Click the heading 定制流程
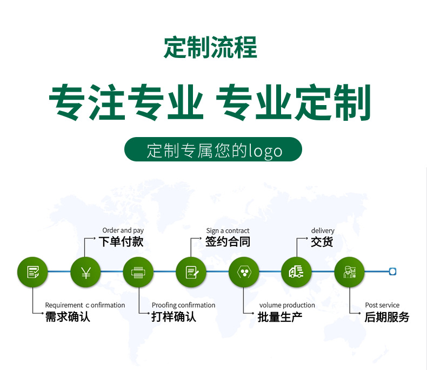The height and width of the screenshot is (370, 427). (x=210, y=48)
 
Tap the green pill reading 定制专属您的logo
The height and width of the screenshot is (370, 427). (x=213, y=149)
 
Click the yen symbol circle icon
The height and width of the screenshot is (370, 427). (x=85, y=272)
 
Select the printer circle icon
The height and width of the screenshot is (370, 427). (x=138, y=272)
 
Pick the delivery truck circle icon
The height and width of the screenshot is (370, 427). (x=297, y=272)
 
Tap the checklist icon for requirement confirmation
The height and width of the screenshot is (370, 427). (x=33, y=272)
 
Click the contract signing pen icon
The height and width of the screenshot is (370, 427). (x=191, y=272)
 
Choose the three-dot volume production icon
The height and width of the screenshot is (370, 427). (x=244, y=272)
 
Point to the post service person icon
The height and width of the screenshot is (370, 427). (x=350, y=272)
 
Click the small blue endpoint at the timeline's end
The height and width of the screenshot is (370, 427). (x=393, y=271)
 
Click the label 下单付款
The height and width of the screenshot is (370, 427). (x=121, y=242)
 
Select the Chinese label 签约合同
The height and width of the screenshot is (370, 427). (x=228, y=242)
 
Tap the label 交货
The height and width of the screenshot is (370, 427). (x=322, y=242)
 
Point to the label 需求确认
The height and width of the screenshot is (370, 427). (x=68, y=317)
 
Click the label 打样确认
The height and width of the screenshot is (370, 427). (x=174, y=317)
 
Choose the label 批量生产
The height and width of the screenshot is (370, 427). (x=280, y=317)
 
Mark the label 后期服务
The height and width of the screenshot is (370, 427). (x=387, y=317)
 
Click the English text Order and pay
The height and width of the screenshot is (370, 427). (x=123, y=231)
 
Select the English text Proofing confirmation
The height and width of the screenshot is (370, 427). (x=183, y=305)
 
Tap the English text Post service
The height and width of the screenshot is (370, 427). (x=382, y=305)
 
